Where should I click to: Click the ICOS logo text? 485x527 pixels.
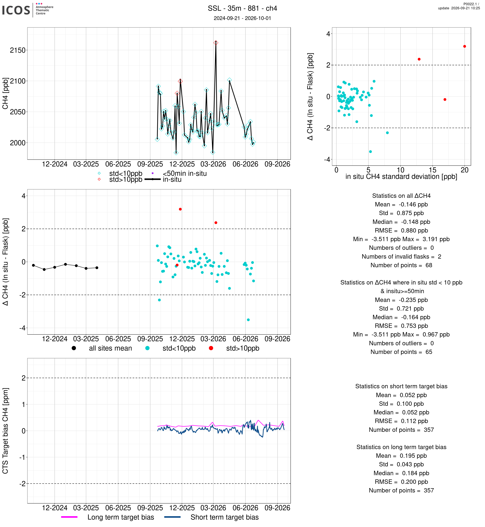(16, 10)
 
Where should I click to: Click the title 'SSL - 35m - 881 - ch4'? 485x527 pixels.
(242, 8)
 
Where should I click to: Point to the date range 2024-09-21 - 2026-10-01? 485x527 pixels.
(242, 18)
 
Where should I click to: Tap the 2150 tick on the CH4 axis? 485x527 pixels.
(18, 50)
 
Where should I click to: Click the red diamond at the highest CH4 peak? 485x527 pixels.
(216, 43)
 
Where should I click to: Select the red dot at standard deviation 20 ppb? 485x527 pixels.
(465, 46)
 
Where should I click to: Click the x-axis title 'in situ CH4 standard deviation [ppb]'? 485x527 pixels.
(401, 176)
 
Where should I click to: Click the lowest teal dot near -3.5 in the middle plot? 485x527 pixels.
(248, 320)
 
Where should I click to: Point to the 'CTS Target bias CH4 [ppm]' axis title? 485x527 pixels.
(5, 431)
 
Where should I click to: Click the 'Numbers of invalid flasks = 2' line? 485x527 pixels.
(401, 257)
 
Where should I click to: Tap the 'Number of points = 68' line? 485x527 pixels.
(401, 265)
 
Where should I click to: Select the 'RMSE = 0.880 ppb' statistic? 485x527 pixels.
(401, 230)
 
